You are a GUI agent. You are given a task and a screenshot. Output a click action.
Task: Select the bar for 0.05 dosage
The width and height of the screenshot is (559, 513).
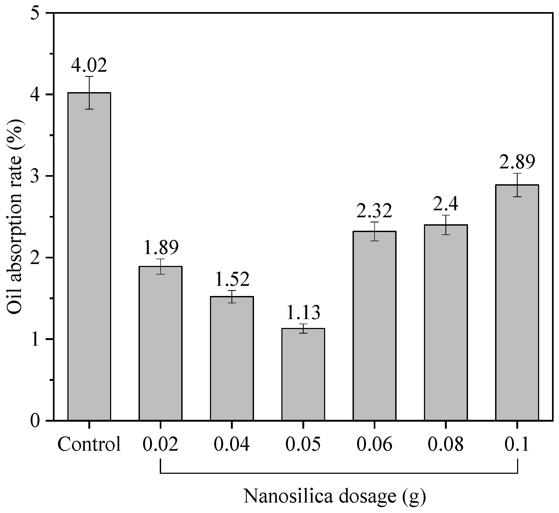coord(303,375)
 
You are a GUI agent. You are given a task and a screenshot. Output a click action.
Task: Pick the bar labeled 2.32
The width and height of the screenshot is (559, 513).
coord(375,326)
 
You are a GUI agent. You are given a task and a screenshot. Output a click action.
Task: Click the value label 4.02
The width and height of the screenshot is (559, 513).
coord(89,66)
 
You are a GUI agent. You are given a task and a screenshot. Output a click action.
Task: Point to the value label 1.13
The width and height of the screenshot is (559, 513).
coord(303,313)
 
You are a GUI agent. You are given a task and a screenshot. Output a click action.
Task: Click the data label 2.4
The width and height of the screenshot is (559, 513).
coord(446,204)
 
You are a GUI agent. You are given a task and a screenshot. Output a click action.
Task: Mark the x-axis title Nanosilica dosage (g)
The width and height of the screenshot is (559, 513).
coord(335,496)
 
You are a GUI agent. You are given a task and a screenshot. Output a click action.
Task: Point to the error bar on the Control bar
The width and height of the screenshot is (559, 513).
coord(89,93)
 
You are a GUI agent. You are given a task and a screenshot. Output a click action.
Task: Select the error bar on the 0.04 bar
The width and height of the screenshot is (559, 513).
coord(232,297)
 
